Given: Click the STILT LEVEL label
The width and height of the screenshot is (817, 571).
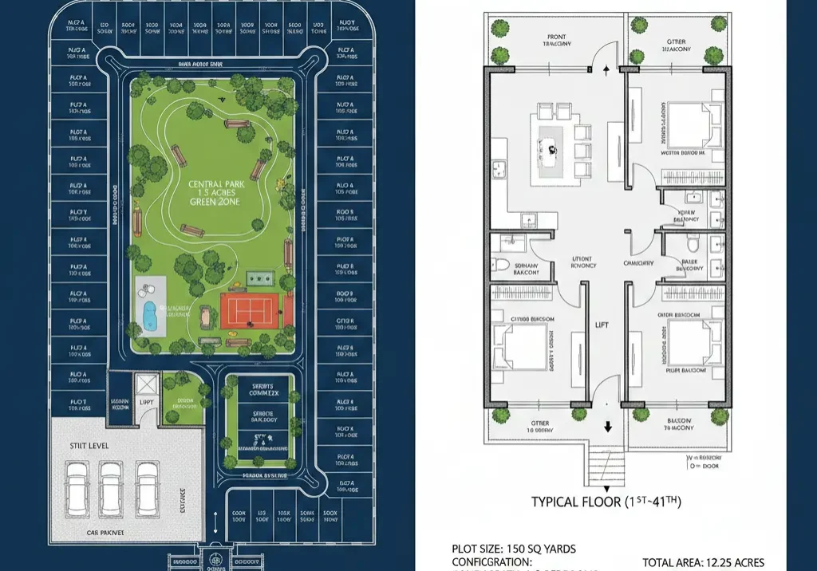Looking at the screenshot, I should click(89, 446).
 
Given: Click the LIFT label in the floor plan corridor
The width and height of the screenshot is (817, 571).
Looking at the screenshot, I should click(602, 325).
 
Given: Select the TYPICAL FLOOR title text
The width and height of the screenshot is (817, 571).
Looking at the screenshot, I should click(606, 502).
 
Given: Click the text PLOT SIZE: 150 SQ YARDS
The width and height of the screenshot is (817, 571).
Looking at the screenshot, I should click(514, 549).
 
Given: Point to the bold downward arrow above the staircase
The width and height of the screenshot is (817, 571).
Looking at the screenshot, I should click(608, 427).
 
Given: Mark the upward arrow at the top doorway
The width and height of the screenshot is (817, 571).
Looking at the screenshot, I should click(608, 70).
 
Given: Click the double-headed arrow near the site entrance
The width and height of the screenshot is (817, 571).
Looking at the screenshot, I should click(215, 527).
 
